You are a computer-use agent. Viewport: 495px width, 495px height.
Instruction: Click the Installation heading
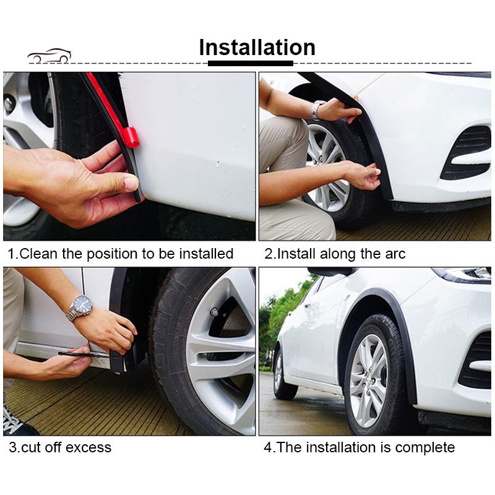[x=257, y=47]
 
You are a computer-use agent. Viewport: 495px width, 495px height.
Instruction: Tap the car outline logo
[x=49, y=56]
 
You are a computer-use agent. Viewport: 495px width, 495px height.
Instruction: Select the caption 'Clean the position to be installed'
[x=121, y=254]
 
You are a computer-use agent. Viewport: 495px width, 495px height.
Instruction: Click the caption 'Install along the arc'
[x=335, y=254]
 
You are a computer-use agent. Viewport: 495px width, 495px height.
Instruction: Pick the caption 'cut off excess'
[x=60, y=447]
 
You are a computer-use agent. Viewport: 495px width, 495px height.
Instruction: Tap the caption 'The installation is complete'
[x=359, y=447]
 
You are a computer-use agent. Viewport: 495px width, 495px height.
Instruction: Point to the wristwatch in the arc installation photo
[x=317, y=110]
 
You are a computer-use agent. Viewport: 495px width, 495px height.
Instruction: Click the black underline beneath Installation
[x=250, y=63]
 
